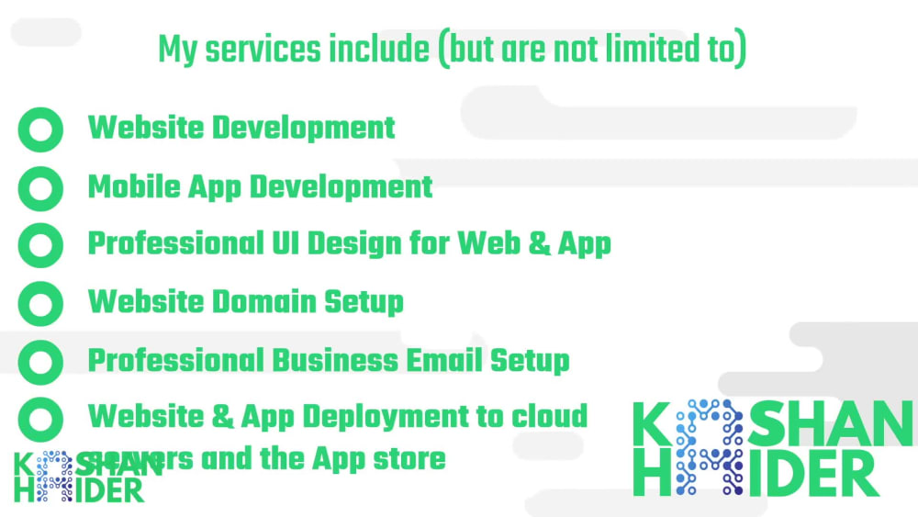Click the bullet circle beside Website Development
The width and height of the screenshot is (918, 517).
coord(40,129)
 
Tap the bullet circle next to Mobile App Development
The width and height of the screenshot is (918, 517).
coord(40,187)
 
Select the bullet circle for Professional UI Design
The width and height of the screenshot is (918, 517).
coord(40,245)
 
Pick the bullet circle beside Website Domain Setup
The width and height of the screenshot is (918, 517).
coord(40,303)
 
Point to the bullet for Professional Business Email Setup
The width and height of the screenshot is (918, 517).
coord(40,361)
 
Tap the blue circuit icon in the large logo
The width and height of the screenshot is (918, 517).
coord(709,447)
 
